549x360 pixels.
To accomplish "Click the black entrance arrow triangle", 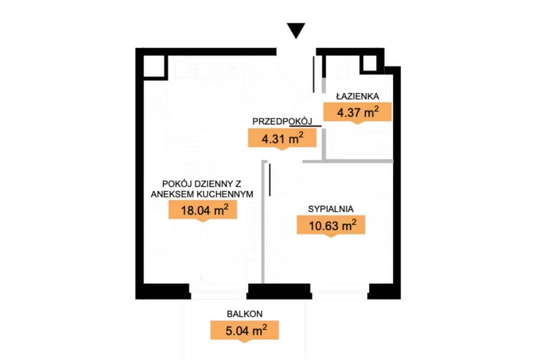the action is coord(296,30).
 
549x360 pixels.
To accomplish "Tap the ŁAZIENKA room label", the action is coord(358,96).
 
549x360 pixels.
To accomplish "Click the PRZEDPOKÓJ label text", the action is coord(282,121).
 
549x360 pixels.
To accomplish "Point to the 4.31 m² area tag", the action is coord(282,139).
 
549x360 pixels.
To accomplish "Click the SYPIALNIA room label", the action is coord(331,209).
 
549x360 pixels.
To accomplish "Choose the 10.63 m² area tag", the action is coord(331,226).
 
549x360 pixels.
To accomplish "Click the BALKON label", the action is coord(245,314).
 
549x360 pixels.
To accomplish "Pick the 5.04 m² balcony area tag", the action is coord(244,331).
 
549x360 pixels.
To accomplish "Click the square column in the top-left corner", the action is coord(154,66).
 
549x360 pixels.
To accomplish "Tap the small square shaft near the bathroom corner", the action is coord(370,64).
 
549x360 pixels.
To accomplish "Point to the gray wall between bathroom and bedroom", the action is coord(348,161).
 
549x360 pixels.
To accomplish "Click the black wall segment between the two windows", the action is coord(279,291).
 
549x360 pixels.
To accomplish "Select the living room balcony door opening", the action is coord(218,291).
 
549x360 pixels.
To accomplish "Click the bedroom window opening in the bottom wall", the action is coord(339,291).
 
